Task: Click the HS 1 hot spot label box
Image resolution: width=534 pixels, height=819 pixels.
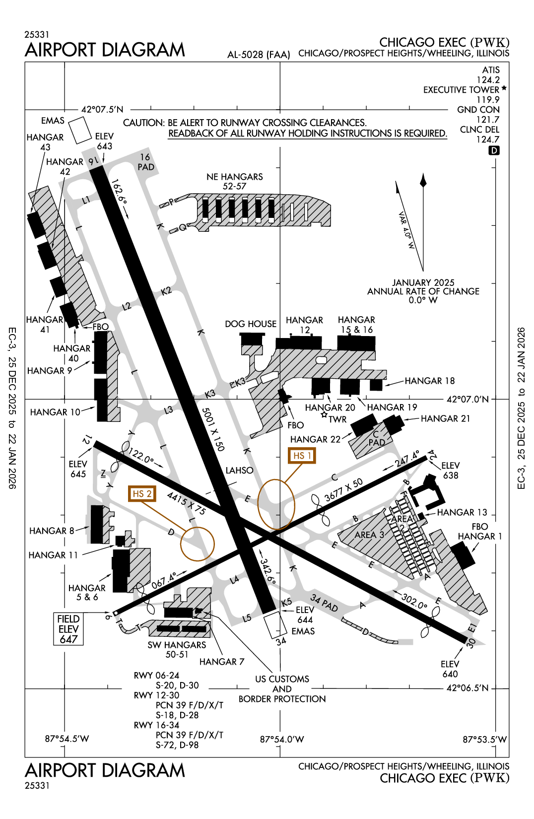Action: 302,455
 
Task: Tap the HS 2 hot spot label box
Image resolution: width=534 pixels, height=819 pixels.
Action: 141,494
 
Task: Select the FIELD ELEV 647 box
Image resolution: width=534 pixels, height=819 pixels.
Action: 68,629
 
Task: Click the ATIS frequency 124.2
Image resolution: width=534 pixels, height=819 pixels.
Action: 488,80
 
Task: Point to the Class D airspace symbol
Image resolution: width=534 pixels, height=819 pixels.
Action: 494,150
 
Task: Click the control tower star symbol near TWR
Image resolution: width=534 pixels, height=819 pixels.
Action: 324,415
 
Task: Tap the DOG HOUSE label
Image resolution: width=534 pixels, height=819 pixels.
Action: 250,324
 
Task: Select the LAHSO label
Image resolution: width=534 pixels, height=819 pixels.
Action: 239,470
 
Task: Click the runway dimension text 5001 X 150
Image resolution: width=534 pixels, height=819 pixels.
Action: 213,429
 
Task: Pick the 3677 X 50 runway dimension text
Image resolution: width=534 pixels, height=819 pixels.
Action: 343,490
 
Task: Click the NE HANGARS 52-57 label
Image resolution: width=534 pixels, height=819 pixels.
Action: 235,181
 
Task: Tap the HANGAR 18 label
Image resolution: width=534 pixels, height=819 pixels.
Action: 429,381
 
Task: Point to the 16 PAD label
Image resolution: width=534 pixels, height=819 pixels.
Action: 145,162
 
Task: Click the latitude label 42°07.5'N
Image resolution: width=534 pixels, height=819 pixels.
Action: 102,109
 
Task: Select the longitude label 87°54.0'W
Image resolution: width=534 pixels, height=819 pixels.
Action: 282,739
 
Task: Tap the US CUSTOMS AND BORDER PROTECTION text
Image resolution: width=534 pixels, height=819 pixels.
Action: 282,689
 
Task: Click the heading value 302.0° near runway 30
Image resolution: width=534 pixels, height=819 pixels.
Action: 414,601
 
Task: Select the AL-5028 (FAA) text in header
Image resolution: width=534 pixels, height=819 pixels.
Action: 259,55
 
